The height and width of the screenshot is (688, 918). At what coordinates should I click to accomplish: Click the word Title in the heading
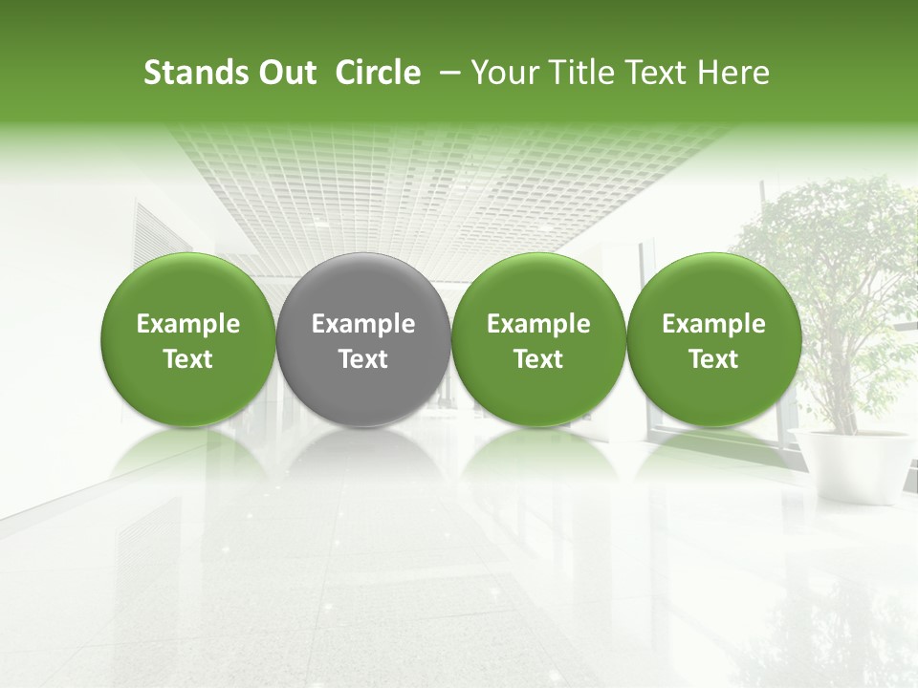tap(580, 73)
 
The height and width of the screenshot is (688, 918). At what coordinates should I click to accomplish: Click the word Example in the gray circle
tap(363, 325)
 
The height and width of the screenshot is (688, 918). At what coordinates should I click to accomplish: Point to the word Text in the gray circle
tap(363, 359)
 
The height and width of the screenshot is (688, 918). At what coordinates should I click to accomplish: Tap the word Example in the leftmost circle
tap(188, 325)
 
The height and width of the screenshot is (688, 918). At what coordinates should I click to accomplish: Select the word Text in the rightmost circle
tap(713, 359)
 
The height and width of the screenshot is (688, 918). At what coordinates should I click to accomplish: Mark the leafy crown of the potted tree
tap(832, 248)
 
